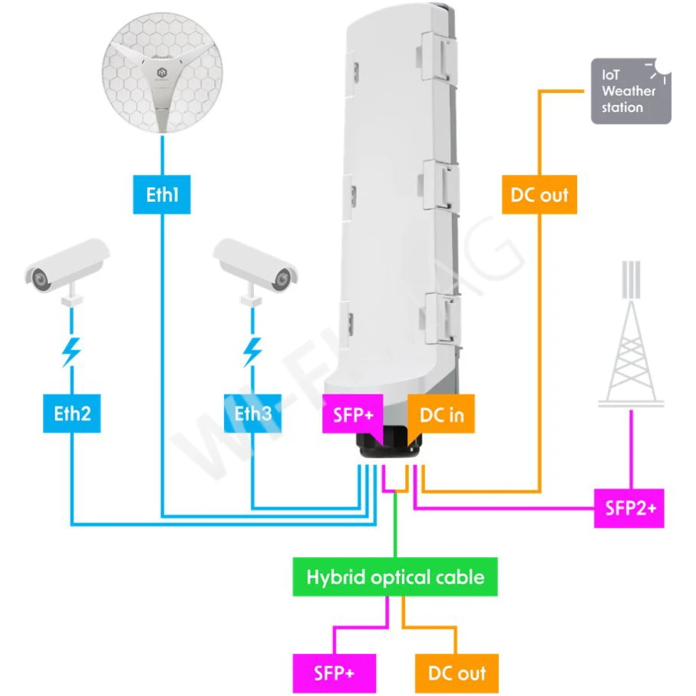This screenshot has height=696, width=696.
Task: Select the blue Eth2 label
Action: [x=72, y=414]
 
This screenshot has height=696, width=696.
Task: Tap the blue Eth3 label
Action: [x=252, y=414]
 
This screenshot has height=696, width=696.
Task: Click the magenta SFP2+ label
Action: [x=629, y=508]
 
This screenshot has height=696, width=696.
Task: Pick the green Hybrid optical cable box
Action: [x=395, y=576]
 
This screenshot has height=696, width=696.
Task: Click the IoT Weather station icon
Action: [x=631, y=91]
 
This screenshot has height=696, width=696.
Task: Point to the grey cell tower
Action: [x=631, y=338]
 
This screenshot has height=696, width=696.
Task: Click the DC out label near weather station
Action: [x=539, y=195]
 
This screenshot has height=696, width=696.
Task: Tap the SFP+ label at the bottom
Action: [x=334, y=674]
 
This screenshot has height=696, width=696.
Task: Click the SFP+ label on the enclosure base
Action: [x=353, y=415]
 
